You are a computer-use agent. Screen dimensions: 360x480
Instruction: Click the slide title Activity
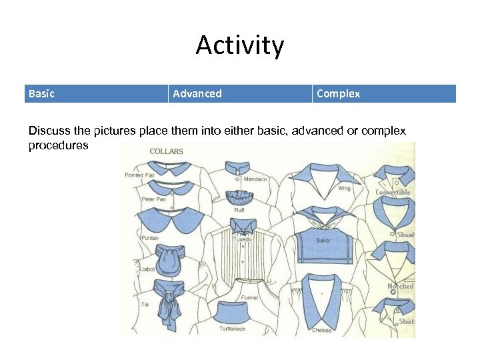[x=240, y=46]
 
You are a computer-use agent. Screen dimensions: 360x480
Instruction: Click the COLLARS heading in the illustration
[x=166, y=151]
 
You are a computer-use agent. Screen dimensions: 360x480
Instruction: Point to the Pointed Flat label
[x=139, y=175]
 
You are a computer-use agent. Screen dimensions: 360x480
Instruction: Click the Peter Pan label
[x=153, y=199]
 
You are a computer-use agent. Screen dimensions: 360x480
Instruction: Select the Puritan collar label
[x=150, y=238]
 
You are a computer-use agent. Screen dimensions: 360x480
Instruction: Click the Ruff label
[x=239, y=210]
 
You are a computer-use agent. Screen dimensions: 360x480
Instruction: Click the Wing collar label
[x=344, y=189]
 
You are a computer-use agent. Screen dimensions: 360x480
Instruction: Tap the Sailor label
[x=323, y=240]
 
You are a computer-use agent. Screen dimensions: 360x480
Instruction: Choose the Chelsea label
[x=321, y=331]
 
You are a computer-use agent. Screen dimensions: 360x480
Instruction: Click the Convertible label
[x=393, y=193]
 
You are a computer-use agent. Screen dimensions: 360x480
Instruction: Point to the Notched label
[x=401, y=286]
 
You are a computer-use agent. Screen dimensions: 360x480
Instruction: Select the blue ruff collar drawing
[x=239, y=198]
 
